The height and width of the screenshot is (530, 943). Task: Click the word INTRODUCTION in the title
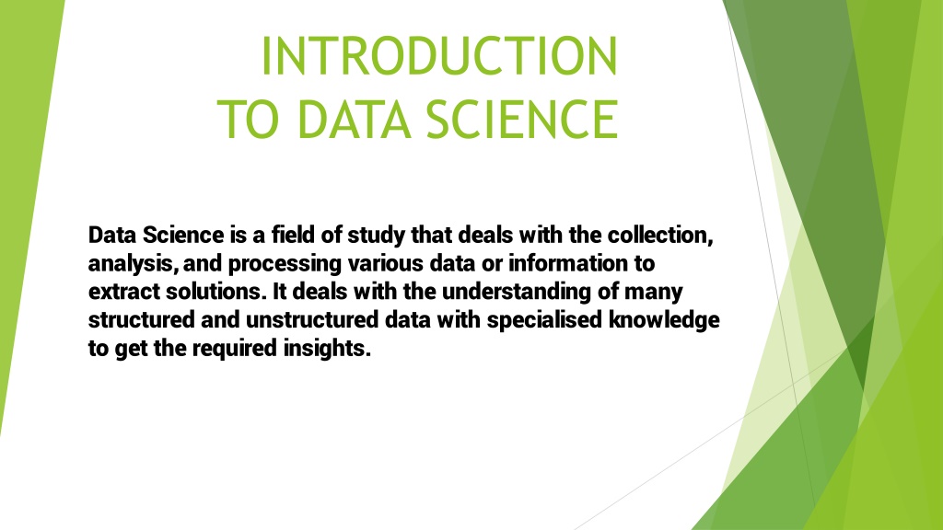tap(439, 56)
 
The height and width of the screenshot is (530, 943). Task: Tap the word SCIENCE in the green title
tap(522, 119)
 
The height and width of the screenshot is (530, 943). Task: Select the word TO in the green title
tap(249, 119)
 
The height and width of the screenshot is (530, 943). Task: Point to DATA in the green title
tap(355, 119)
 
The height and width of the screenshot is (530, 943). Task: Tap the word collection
tap(660, 235)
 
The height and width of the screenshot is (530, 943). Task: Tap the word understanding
tap(517, 292)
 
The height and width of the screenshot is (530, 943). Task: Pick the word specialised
tap(545, 320)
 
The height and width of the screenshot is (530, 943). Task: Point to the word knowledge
tap(665, 320)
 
